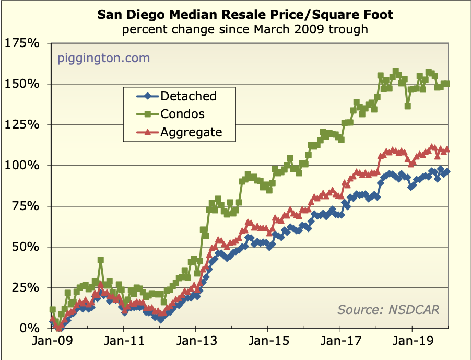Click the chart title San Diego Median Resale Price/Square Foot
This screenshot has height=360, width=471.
point(245,14)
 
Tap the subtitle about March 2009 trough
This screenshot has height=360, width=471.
point(245,29)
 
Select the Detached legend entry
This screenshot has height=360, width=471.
point(188,96)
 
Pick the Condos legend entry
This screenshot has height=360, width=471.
point(182,113)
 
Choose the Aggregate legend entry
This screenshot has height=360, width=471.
point(191,132)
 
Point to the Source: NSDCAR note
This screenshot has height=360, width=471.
point(388,309)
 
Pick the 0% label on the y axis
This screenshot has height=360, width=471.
point(29,329)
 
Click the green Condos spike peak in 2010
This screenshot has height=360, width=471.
point(101,260)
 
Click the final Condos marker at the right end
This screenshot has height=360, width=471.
point(447,84)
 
